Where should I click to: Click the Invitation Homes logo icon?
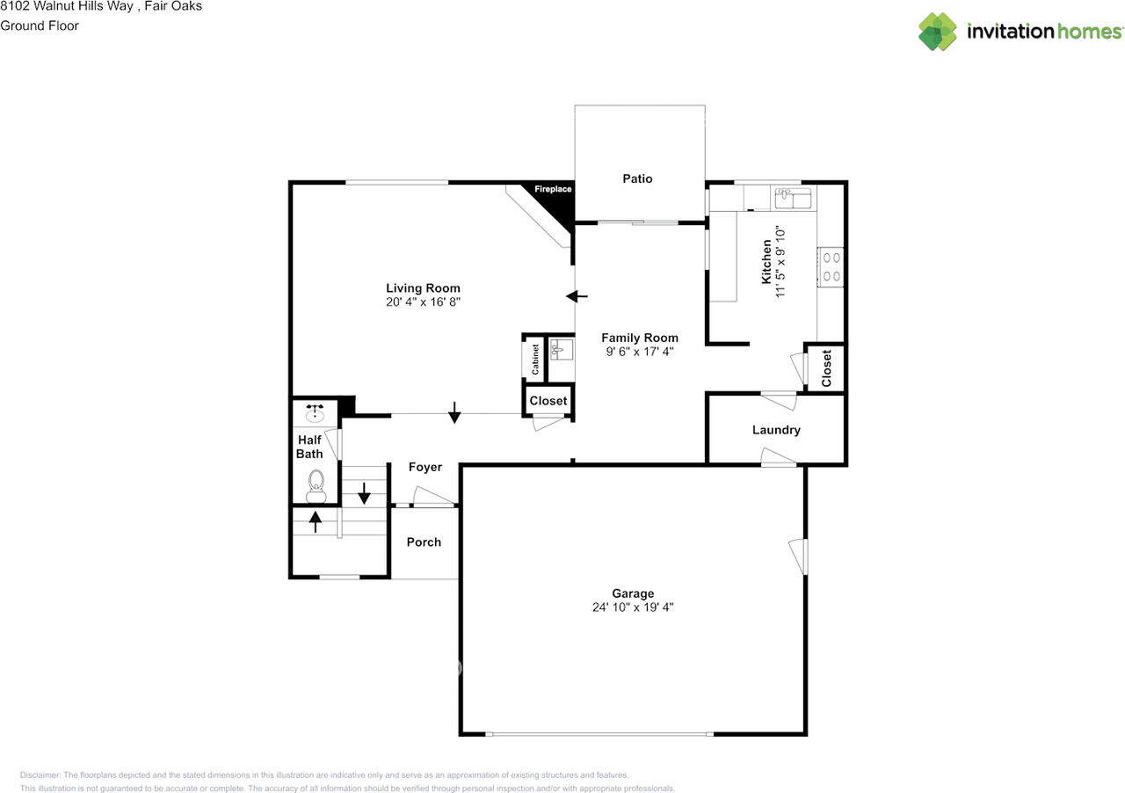938,32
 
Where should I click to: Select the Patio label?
637,178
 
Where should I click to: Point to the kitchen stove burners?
831,267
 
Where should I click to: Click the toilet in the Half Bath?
316,484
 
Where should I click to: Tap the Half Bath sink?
315,411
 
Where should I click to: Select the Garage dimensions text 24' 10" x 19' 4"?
633,607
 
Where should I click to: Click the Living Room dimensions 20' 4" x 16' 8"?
423,302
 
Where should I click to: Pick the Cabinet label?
535,359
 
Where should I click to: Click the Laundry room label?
776,430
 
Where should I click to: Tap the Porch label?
424,542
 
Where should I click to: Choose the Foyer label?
425,467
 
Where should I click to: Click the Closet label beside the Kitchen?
826,368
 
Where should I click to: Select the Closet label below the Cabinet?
548,401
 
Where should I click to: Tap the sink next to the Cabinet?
561,351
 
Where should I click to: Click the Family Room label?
639,338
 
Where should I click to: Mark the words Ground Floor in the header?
40,25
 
